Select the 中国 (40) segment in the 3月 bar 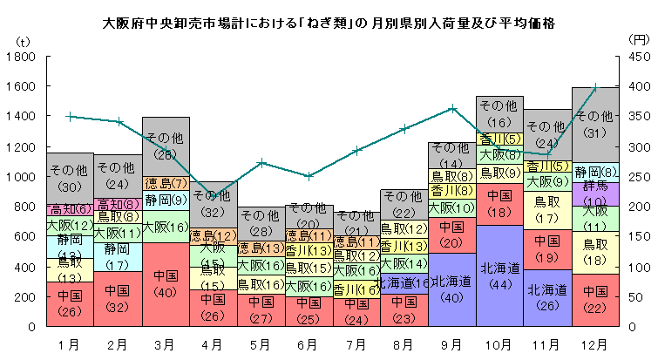pos(166,284)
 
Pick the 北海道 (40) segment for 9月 pos(451,289)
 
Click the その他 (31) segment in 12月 pos(594,122)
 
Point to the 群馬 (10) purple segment pos(594,194)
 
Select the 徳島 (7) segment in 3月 pos(166,183)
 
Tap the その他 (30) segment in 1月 pos(70,179)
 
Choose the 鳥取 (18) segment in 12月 pos(594,253)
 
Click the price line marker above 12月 pos(594,87)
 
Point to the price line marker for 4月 pos(214,196)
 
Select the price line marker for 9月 pos(451,108)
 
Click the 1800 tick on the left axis pos(23,57)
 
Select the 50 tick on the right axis pos(634,297)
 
